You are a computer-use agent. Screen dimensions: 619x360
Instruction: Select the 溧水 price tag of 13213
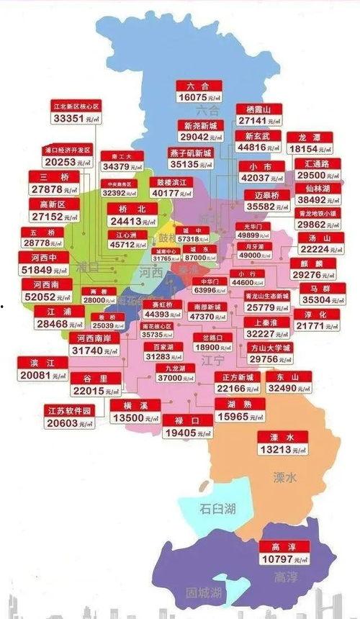pos(282,444)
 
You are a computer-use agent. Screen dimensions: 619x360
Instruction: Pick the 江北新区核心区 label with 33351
pos(76,112)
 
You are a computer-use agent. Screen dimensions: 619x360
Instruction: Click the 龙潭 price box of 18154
pos(312,143)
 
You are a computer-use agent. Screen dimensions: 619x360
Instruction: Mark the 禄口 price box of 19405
pos(189,426)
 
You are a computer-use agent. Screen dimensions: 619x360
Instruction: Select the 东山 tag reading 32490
pos(287,381)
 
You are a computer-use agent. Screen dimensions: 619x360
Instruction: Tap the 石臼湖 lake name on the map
pos(217,508)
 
